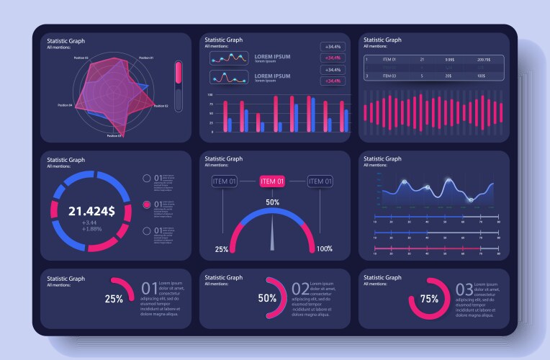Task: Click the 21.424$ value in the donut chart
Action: click(x=91, y=211)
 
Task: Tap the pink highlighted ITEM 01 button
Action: click(x=272, y=181)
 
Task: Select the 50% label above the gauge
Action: click(x=272, y=202)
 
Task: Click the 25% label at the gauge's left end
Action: click(x=222, y=249)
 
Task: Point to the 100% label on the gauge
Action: click(x=325, y=249)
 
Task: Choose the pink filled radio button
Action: click(x=147, y=204)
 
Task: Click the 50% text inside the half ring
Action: click(x=267, y=298)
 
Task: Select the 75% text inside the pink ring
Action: click(x=429, y=299)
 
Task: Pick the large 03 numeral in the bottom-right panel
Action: click(x=465, y=290)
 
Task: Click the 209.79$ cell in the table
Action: click(x=484, y=60)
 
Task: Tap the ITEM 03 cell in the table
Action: click(x=389, y=76)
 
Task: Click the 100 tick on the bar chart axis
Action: click(x=210, y=95)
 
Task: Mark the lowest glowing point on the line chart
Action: click(x=470, y=199)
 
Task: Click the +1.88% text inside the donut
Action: click(x=91, y=229)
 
